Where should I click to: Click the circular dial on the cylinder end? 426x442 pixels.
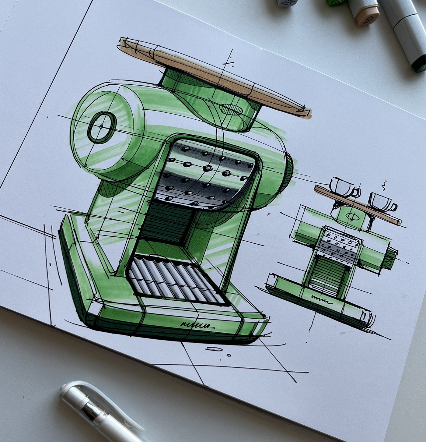tap(101, 127)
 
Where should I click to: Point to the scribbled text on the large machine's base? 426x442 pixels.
tap(195, 325)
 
